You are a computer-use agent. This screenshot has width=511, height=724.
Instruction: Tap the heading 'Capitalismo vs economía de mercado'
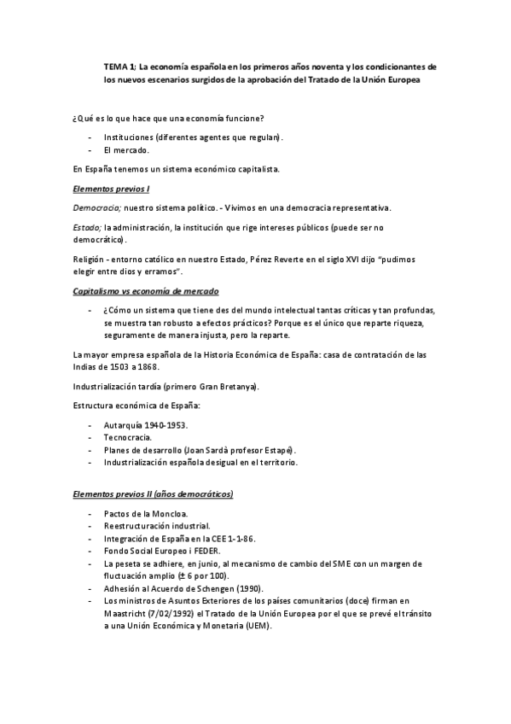click(146, 291)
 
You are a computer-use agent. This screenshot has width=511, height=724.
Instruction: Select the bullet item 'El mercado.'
click(126, 150)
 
